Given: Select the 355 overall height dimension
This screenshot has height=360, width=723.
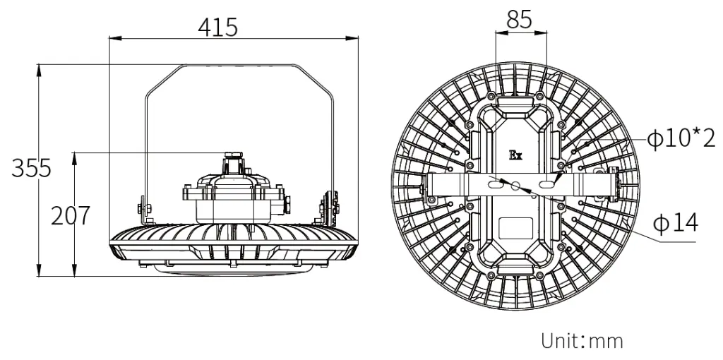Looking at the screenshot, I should point(30,169).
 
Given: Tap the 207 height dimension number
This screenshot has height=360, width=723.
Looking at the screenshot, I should point(70,215).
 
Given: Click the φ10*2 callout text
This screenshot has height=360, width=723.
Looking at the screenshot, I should point(681,139).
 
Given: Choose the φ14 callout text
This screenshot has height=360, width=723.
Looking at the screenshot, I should point(675,224).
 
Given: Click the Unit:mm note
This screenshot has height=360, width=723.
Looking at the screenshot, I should point(582,342).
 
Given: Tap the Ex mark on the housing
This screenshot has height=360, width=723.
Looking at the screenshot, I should point(515,153).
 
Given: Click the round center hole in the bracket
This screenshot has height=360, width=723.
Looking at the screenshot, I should point(517,186).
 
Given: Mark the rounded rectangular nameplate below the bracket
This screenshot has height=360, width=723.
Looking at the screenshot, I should point(516,228).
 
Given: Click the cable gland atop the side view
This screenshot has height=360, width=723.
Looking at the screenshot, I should point(232,162).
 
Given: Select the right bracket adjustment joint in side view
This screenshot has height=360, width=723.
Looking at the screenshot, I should point(327,207).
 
